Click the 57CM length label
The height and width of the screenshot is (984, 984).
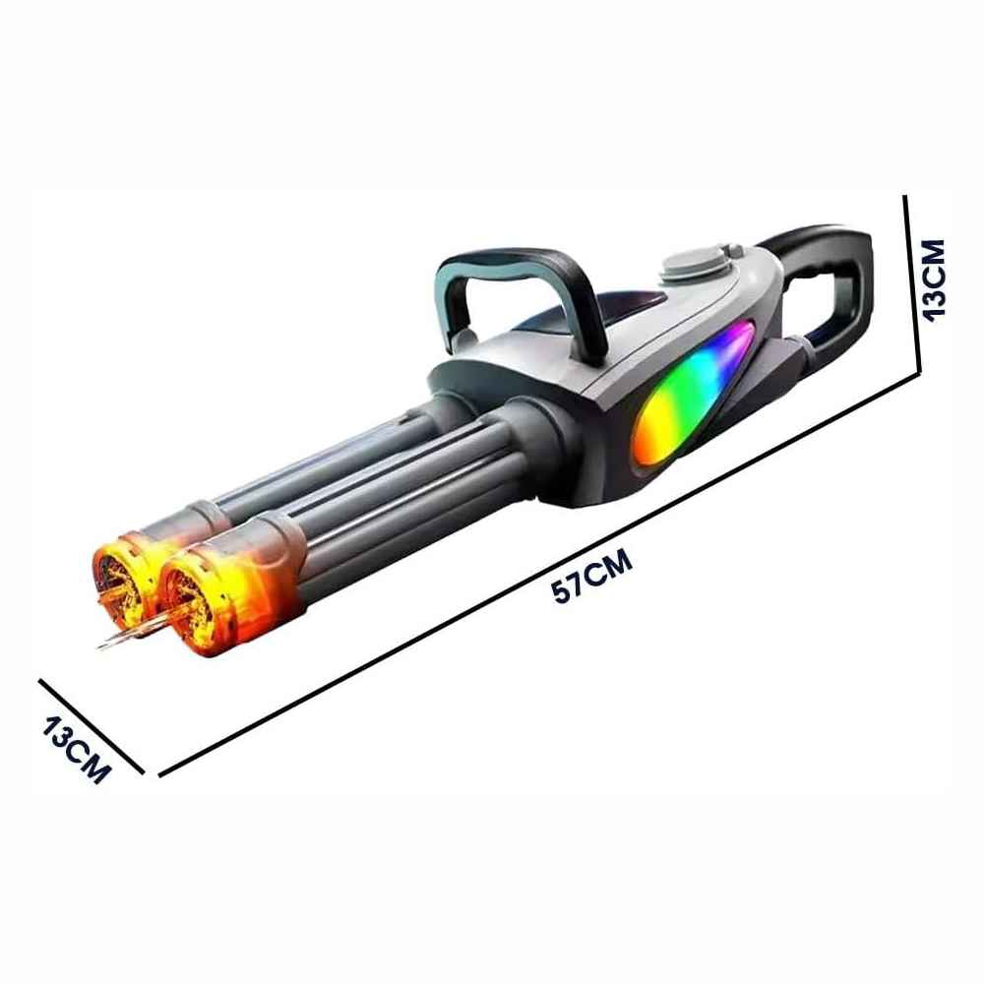tap(591, 576)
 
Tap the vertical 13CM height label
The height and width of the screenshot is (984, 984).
tap(933, 280)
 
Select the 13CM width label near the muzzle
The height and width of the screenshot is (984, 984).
tap(77, 751)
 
